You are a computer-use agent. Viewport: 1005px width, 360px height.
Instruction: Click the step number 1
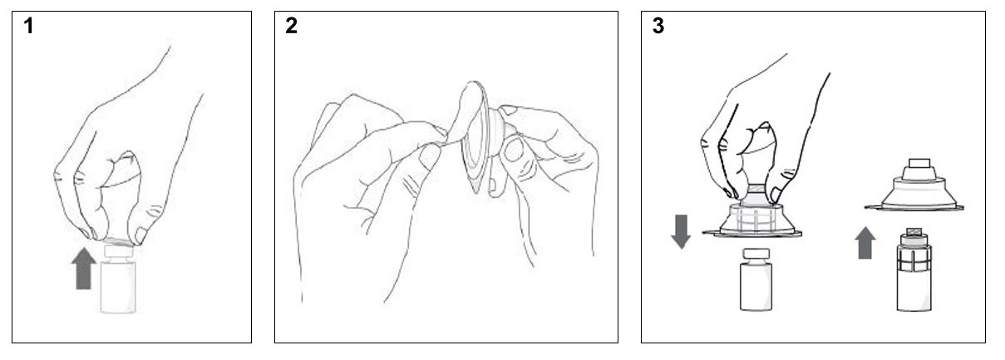(x=29, y=26)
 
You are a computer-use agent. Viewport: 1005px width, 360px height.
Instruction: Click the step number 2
(x=291, y=26)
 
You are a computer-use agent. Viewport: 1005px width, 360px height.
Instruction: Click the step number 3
(x=658, y=26)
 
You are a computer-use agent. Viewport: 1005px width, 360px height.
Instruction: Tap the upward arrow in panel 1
(x=83, y=269)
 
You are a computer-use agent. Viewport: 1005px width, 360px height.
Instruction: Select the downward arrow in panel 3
(x=681, y=232)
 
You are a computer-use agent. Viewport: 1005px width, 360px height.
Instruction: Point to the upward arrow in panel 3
(x=865, y=243)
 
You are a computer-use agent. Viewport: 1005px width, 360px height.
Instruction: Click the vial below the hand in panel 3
(x=756, y=279)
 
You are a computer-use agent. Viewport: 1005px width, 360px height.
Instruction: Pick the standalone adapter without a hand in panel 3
(x=914, y=185)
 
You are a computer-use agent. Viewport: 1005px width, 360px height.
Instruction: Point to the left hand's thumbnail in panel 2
(x=429, y=157)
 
